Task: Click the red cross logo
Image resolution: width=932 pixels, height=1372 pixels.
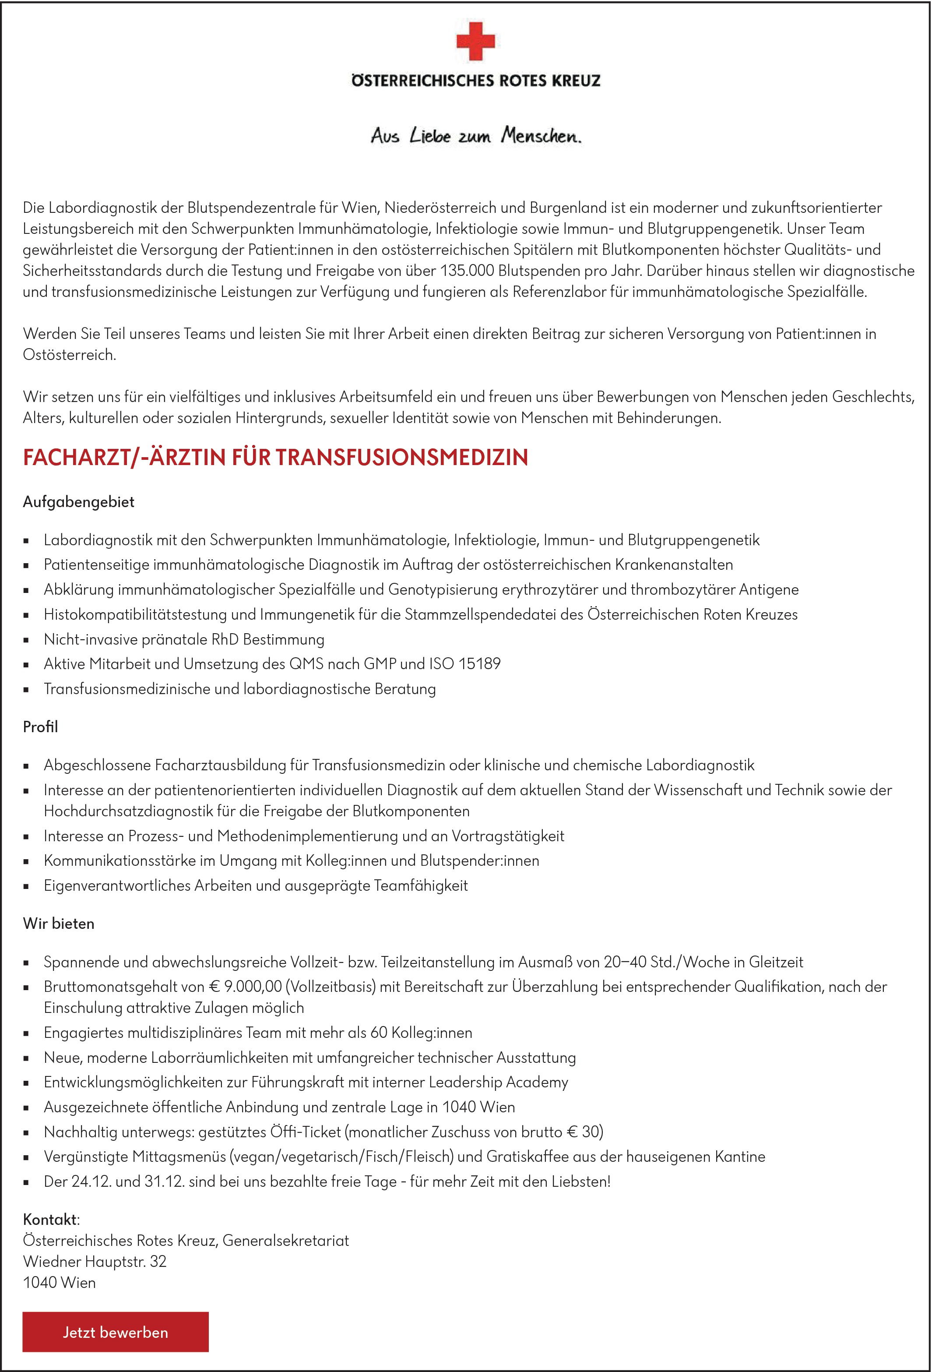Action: point(475,41)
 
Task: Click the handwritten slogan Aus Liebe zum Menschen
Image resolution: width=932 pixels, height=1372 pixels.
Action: point(476,136)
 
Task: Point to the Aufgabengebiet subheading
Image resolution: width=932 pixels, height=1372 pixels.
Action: point(78,502)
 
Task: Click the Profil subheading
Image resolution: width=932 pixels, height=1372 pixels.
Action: point(40,727)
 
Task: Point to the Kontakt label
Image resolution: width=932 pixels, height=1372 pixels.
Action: point(50,1220)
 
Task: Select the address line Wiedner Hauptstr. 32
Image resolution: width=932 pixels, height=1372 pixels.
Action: point(95,1262)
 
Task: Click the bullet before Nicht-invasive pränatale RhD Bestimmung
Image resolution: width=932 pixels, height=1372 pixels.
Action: point(26,640)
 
